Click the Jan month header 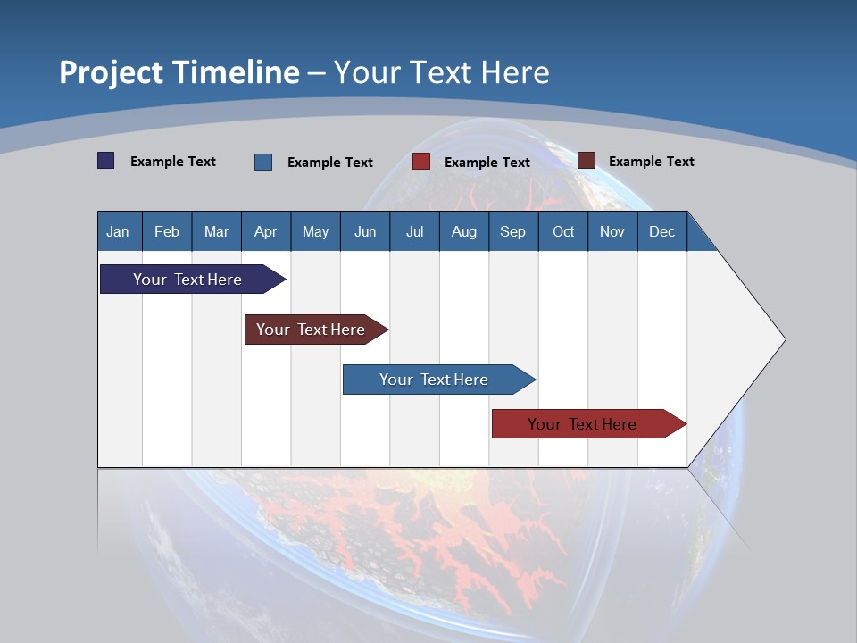click(119, 231)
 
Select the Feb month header click(167, 231)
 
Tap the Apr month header click(266, 231)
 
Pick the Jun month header click(365, 231)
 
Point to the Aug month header click(464, 231)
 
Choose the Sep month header click(513, 231)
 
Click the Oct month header click(563, 231)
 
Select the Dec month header click(662, 231)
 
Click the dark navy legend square click(106, 161)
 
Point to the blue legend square click(263, 162)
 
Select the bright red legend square click(421, 162)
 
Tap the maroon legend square click(587, 161)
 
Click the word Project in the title click(112, 72)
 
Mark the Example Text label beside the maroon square click(651, 162)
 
